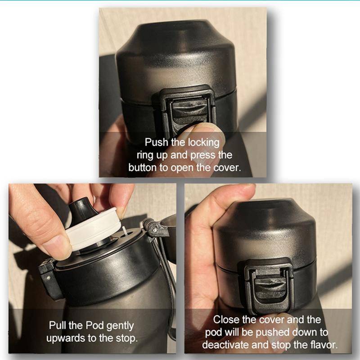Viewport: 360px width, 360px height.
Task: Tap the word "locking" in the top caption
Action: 204,143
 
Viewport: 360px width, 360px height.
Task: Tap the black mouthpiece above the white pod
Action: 81,210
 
